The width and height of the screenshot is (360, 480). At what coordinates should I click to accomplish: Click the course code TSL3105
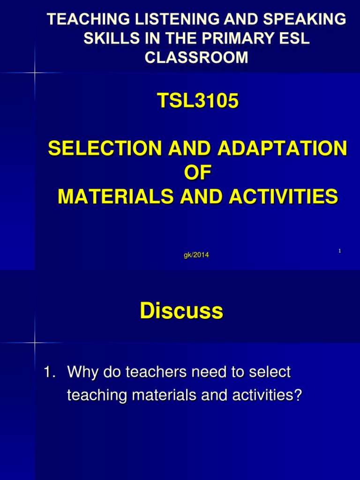pos(197,101)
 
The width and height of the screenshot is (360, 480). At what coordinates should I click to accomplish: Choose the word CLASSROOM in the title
pos(196,58)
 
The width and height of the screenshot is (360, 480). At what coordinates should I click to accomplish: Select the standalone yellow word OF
pos(197,173)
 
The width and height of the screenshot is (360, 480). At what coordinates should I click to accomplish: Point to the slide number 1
pos(339,252)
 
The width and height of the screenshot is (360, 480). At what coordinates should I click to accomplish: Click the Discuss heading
pos(181,311)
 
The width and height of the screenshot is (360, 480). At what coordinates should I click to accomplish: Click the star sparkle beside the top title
pos(35,73)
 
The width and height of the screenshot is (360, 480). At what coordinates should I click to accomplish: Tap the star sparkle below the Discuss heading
pos(35,343)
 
